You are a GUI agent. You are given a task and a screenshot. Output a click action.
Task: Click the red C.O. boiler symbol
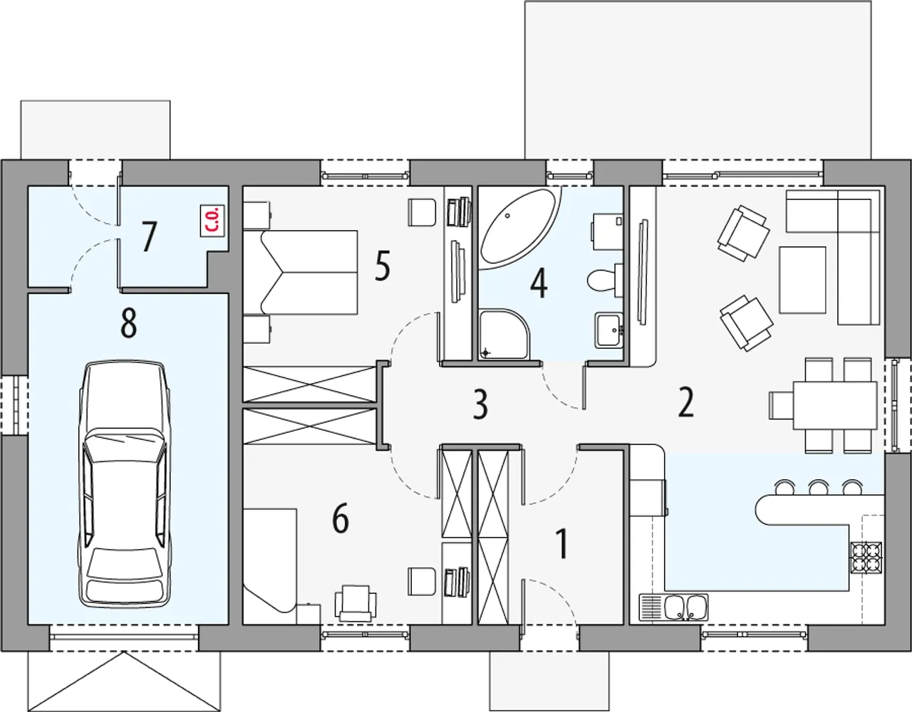tap(212, 220)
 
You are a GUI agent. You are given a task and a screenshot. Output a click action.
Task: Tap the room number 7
tap(147, 237)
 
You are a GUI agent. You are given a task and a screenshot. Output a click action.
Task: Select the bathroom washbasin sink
tap(608, 330)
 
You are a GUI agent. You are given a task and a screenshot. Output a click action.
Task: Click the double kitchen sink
tap(673, 607)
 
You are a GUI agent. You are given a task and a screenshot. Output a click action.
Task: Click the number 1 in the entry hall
tap(561, 544)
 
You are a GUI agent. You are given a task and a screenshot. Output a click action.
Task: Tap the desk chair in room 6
tap(356, 602)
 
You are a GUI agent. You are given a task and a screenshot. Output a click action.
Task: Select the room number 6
tap(340, 519)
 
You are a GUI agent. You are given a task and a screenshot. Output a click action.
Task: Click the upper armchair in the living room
tap(743, 233)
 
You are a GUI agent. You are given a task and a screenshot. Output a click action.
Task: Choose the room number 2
tap(686, 403)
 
